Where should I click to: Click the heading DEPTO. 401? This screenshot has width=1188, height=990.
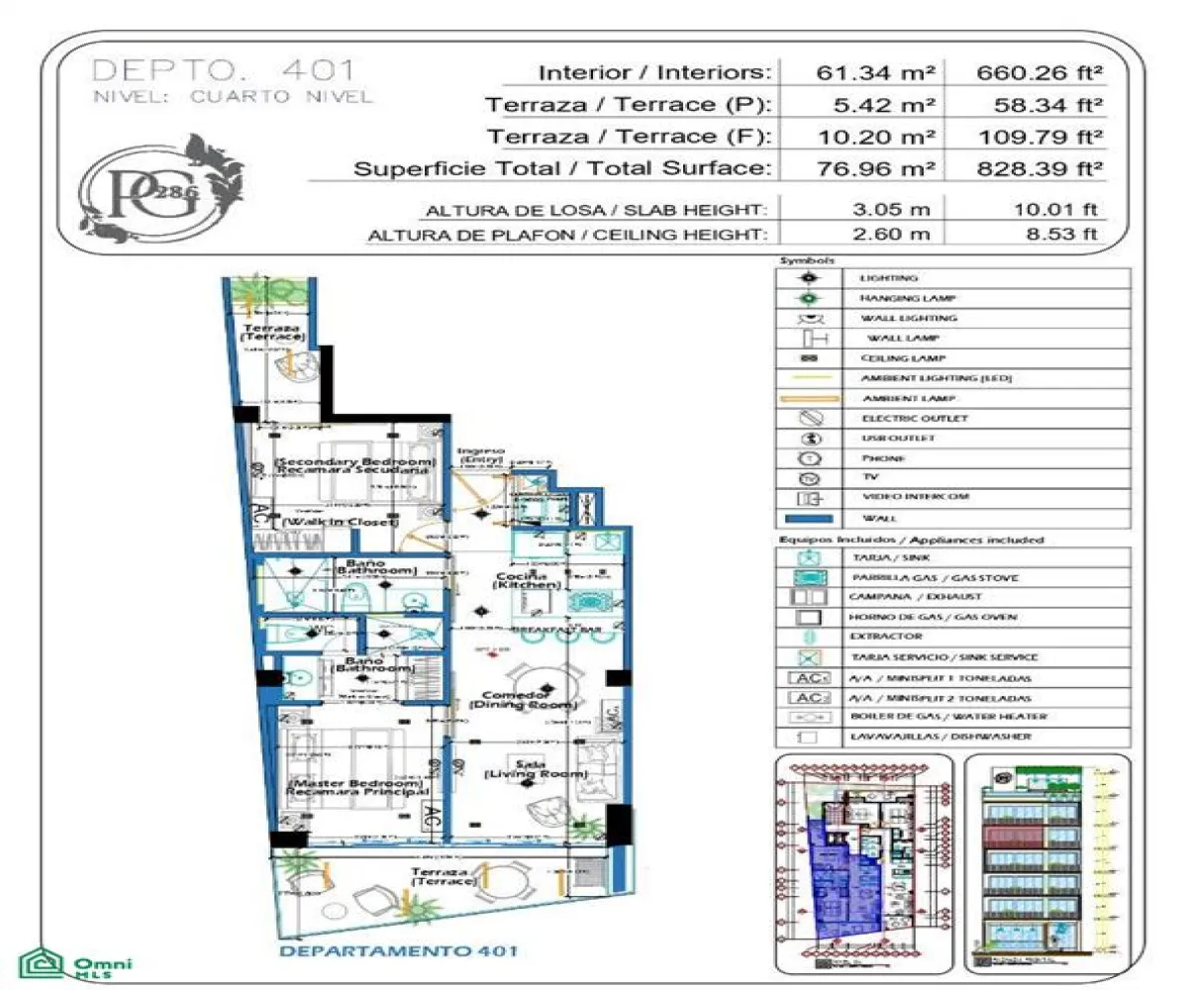[223, 70]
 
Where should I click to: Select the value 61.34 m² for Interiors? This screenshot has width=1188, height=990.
[861, 72]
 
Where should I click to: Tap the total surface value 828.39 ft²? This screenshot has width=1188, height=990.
[1039, 168]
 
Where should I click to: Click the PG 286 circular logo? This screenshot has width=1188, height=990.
[158, 188]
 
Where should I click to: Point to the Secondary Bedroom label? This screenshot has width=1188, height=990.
[354, 466]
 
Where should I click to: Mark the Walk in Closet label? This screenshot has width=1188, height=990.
[335, 521]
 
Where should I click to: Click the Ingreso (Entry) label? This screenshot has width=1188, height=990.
[481, 455]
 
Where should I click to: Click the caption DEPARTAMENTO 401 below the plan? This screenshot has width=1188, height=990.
[398, 952]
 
